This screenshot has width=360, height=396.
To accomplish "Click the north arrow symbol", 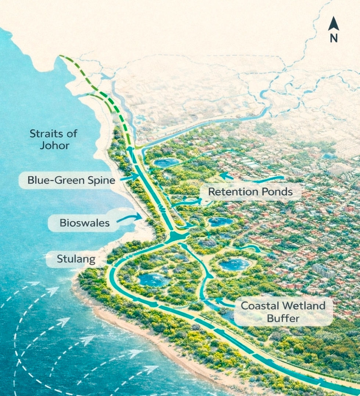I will pyautogui.click(x=333, y=24).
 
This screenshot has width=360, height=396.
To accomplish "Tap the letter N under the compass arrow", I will pyautogui.click(x=334, y=38).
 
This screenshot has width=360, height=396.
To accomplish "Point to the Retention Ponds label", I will pyautogui.click(x=250, y=191).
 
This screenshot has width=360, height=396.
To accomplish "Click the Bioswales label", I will pyautogui.click(x=84, y=223).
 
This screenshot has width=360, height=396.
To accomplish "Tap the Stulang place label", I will pyautogui.click(x=76, y=259).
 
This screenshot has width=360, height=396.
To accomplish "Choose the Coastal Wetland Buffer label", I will pyautogui.click(x=283, y=312).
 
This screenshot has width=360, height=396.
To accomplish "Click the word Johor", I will pyautogui.click(x=55, y=145).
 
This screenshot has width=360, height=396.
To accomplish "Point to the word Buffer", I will pyautogui.click(x=283, y=318).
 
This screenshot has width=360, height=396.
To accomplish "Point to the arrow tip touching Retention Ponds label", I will pyautogui.click(x=201, y=201).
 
